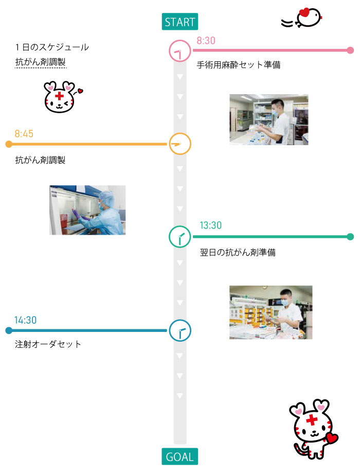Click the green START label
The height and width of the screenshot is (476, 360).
[180, 22]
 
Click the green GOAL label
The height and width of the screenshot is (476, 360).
[180, 456]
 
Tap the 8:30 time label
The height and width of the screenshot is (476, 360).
[206, 41]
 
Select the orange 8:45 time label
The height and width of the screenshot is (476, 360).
[24, 134]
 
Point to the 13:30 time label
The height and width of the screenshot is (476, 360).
[211, 225]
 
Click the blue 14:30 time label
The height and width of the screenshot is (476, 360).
[25, 320]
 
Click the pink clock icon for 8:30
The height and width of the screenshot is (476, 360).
[180, 51]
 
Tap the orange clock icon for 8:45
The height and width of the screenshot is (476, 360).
[180, 144]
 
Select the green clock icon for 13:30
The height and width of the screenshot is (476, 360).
[180, 237]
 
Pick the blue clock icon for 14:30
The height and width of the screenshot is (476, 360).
[180, 330]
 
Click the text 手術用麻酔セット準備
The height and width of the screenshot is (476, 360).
[239, 65]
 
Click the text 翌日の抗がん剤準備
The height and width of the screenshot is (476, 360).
[238, 253]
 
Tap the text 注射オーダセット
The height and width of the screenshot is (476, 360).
[48, 344]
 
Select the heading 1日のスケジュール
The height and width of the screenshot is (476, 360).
[52, 47]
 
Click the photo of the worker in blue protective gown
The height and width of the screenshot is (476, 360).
[87, 210]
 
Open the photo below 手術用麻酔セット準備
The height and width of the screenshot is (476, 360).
[269, 119]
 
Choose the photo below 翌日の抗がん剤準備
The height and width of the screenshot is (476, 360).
[271, 312]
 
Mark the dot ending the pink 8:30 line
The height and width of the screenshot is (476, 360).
[350, 50]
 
